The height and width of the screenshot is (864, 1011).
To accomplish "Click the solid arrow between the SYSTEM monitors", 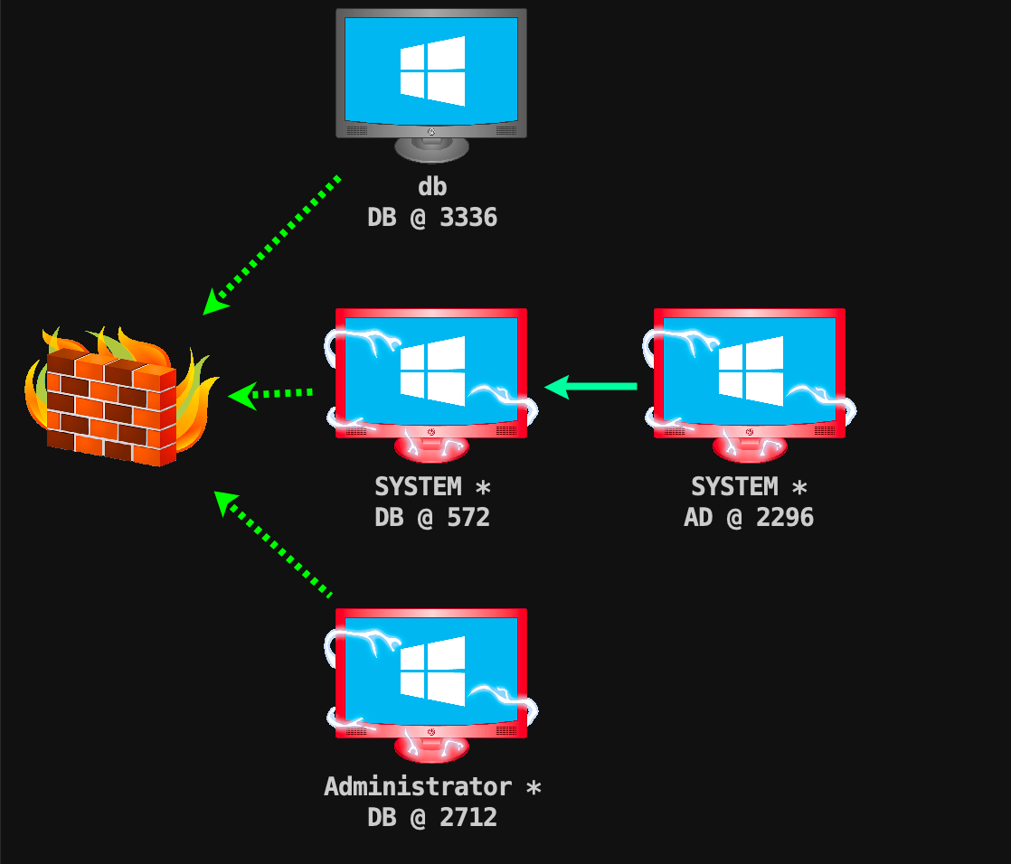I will [591, 387].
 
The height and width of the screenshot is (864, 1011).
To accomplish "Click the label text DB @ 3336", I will [432, 218].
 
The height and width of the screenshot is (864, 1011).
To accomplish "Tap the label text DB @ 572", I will [432, 518].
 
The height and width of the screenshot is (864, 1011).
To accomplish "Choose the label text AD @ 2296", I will [749, 518].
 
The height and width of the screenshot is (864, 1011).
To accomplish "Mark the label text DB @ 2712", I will [432, 818].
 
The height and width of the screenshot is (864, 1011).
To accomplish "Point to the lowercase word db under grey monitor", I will [432, 187].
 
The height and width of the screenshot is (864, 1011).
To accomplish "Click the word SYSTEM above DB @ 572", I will [418, 487].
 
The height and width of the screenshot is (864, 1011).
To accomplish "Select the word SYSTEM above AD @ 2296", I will [734, 487].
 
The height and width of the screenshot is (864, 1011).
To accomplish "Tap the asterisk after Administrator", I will [534, 787].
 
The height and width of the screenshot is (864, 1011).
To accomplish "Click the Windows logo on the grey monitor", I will [432, 70].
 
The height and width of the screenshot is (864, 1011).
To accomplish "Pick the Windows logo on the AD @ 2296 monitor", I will [751, 371].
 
